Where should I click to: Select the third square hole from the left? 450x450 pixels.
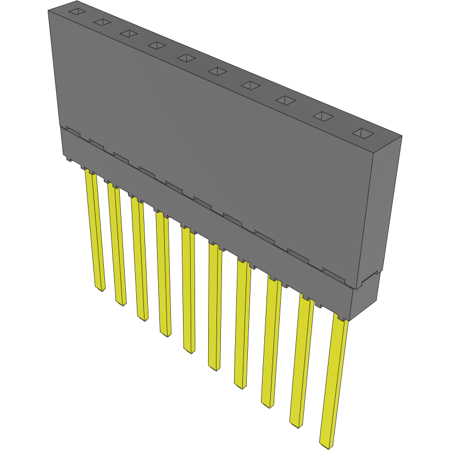[x=129, y=34]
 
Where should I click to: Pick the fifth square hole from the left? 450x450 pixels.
[x=186, y=58]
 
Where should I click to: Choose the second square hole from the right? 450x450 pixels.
[x=323, y=116]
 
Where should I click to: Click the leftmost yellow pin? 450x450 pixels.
[x=95, y=231]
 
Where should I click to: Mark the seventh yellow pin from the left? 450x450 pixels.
[x=242, y=324]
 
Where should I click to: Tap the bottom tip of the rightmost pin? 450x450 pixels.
[x=326, y=442]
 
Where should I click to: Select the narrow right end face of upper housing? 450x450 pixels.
[x=379, y=209]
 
